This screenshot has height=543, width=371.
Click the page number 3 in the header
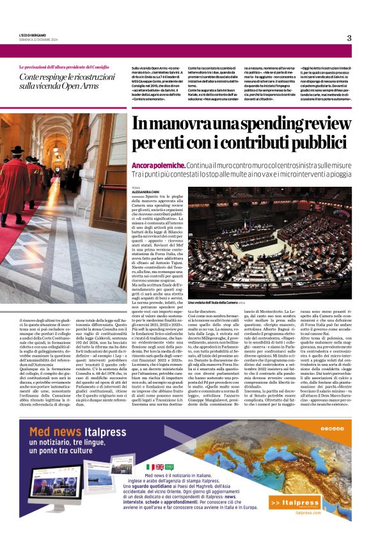(x=349, y=38)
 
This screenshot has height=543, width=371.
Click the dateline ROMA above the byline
(x=136, y=187)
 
